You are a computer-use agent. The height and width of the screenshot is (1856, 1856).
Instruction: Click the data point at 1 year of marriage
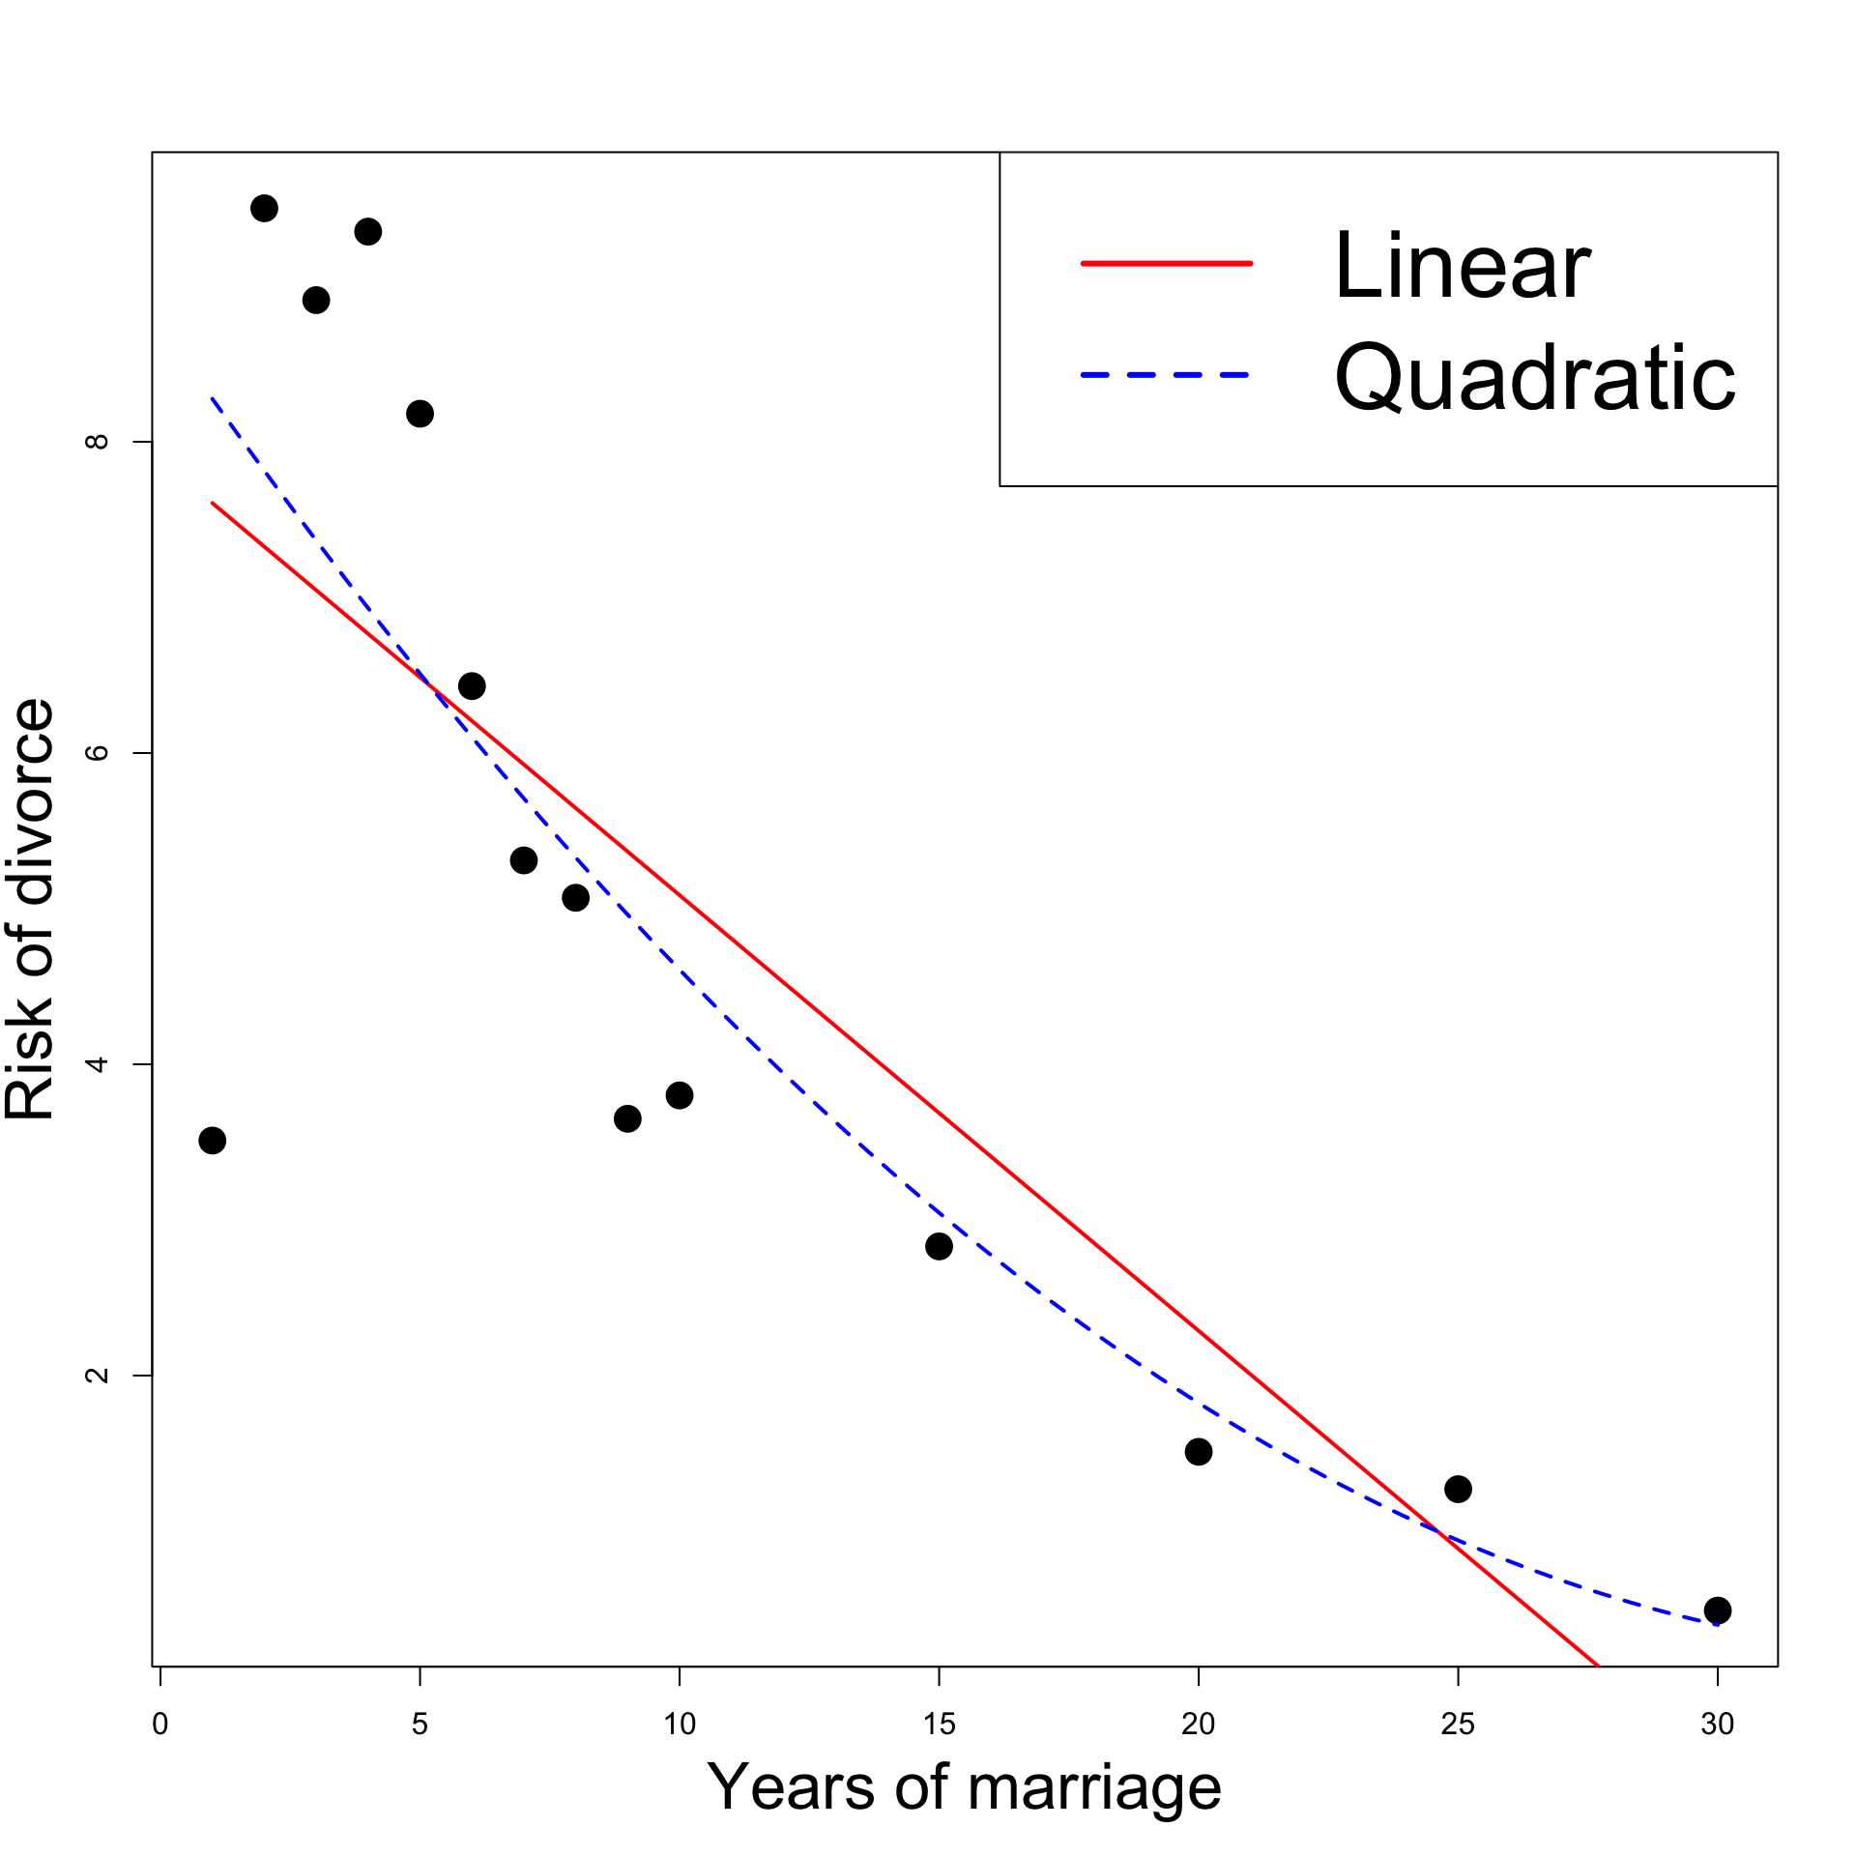click(x=212, y=1141)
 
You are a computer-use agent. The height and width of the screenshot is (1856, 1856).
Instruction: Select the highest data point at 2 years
click(x=264, y=208)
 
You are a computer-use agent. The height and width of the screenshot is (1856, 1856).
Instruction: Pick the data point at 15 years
click(x=939, y=1246)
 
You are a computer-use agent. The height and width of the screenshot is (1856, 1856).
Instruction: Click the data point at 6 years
click(x=472, y=685)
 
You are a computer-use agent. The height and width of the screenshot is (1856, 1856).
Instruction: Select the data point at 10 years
click(x=680, y=1095)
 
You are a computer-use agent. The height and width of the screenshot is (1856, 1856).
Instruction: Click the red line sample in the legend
click(x=1166, y=263)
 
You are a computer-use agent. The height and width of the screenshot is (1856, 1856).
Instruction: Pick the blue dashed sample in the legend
click(x=1166, y=375)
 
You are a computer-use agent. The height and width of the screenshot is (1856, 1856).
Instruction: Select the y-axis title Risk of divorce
click(x=29, y=908)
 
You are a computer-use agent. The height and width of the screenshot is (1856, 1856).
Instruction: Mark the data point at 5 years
click(x=420, y=413)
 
